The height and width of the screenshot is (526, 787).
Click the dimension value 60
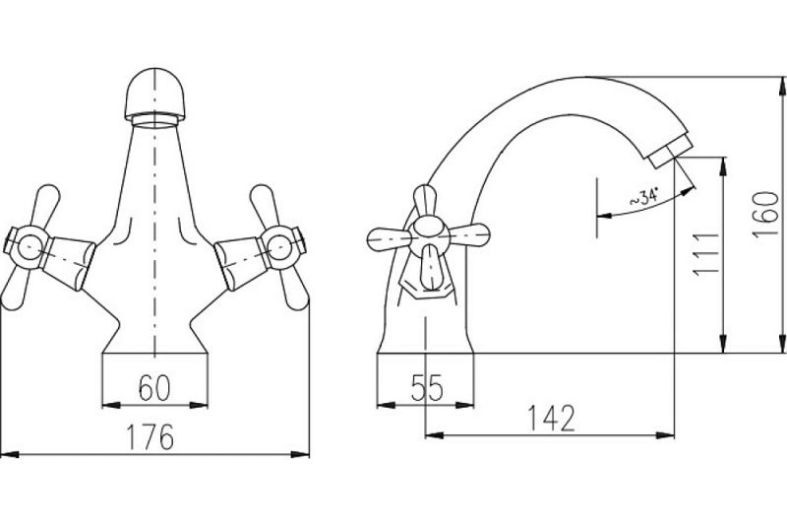(154, 388)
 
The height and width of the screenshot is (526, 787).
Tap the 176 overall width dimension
(151, 437)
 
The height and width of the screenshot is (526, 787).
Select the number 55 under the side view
(427, 388)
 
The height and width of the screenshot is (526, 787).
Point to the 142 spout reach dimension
(551, 419)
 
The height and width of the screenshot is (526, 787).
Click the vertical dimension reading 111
(706, 254)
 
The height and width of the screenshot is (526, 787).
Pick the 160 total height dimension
(766, 215)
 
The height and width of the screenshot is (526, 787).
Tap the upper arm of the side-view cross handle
(424, 202)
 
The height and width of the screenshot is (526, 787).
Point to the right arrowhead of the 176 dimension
(300, 454)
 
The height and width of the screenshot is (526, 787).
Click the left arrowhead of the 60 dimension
(111, 405)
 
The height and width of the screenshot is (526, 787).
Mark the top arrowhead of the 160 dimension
(781, 86)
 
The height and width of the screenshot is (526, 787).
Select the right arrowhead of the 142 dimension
(665, 435)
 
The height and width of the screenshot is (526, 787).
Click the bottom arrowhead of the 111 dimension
(723, 344)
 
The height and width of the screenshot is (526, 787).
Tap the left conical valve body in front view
(70, 263)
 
